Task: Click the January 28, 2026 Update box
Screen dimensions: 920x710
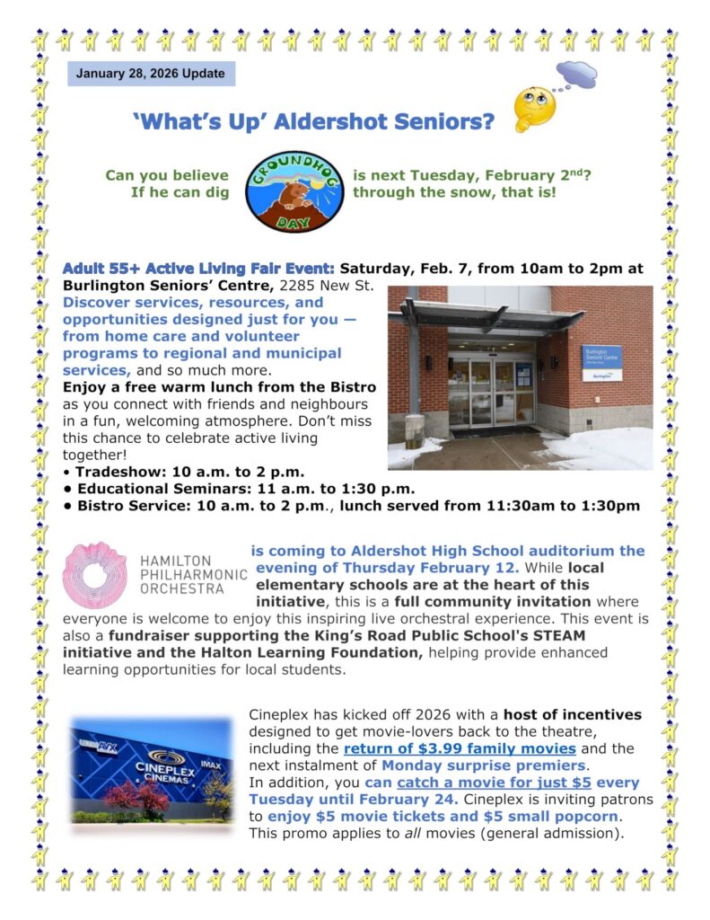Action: pos(151,73)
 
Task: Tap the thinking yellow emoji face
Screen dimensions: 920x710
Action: pos(534,110)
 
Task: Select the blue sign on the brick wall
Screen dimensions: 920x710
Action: pos(600,358)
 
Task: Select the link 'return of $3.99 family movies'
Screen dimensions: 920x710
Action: pos(460,748)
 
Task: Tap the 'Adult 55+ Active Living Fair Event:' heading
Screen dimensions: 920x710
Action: pos(199,268)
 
